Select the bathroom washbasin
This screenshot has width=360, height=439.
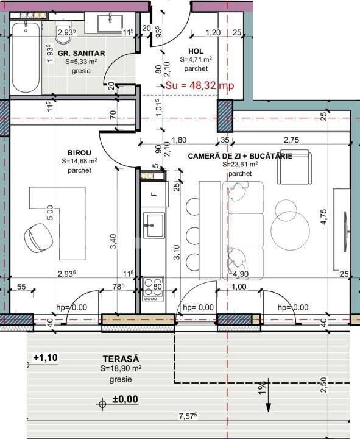click(x=111, y=23)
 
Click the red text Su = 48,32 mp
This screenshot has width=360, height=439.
click(x=200, y=86)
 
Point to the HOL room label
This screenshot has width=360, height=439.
click(x=196, y=51)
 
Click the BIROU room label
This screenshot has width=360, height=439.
click(x=80, y=153)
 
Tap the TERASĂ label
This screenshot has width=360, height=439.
click(x=121, y=360)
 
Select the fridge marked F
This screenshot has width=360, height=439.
click(x=154, y=195)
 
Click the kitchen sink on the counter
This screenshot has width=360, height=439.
click(x=154, y=225)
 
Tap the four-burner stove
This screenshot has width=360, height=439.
click(x=154, y=288)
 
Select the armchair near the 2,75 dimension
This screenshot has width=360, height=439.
click(x=294, y=166)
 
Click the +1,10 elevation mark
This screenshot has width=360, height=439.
click(x=45, y=357)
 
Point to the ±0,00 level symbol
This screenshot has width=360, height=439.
click(x=118, y=401)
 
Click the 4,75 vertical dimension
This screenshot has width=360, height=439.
click(x=324, y=216)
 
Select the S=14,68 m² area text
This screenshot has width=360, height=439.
click(x=80, y=162)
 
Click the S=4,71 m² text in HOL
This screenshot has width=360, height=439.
click(x=196, y=60)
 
